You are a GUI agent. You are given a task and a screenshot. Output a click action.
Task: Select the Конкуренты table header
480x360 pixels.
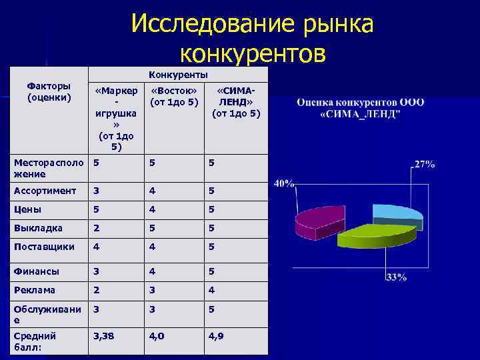pos(178,74)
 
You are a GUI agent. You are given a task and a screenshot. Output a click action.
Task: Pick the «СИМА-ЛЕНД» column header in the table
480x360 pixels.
pos(236,102)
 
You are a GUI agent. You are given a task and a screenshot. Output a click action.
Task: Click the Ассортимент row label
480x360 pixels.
pos(45,191)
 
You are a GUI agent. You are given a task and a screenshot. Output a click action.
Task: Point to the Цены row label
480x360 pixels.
pos(27,209)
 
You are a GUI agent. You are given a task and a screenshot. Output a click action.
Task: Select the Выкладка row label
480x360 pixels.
pos(38,228)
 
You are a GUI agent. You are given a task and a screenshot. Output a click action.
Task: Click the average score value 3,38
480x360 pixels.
pos(103,336)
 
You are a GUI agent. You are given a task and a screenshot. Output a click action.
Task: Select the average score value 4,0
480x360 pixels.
pos(157,336)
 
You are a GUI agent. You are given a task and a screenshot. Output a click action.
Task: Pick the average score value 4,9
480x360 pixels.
pos(215,336)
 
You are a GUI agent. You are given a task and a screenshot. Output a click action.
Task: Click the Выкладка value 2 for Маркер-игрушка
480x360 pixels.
pos(97,228)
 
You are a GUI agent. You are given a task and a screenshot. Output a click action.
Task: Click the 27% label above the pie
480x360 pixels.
pos(425,164)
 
